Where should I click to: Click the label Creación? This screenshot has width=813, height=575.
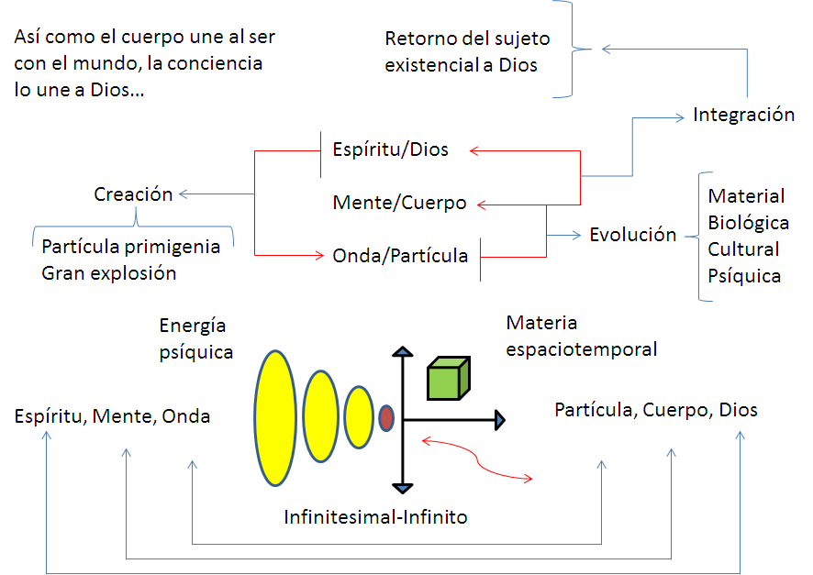[x=133, y=194]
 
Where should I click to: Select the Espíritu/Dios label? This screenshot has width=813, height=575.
[x=390, y=149]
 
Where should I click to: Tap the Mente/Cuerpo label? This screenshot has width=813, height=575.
[x=399, y=203]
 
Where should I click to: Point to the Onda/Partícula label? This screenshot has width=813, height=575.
[x=400, y=256]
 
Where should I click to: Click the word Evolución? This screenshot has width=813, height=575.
[x=632, y=234]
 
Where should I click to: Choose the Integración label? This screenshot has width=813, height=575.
[x=743, y=115]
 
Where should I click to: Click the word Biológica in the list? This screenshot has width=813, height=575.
[x=748, y=223]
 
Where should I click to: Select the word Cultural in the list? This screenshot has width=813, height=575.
[x=743, y=249]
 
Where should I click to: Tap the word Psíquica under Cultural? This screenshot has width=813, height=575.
[x=744, y=276]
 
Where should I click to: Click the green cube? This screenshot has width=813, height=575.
[x=449, y=379]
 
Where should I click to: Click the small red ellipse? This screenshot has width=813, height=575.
[x=386, y=417]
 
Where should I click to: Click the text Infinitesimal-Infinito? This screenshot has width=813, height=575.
[x=375, y=517]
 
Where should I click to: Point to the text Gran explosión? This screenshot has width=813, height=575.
[x=108, y=273]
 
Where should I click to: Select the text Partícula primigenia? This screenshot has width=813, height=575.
[x=130, y=247]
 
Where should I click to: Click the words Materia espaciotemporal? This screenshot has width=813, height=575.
[x=582, y=336]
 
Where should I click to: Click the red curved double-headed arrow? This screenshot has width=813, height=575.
[x=477, y=459]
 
